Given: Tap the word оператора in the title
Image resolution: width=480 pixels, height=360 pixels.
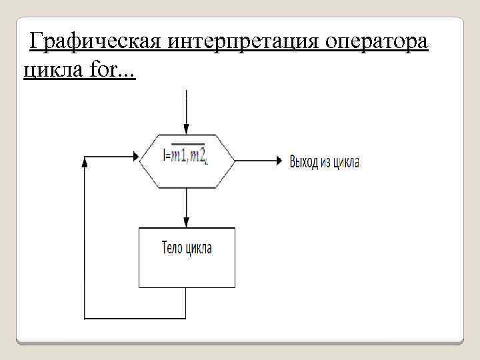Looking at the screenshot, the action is pyautogui.click(x=377, y=43).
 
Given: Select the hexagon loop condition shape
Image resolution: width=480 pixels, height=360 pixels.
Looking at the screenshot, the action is pyautogui.click(x=187, y=160).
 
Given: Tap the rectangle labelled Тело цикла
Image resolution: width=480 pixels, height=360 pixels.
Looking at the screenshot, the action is pyautogui.click(x=187, y=257).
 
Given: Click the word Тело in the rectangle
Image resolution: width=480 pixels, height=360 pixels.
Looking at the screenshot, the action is pyautogui.click(x=171, y=249).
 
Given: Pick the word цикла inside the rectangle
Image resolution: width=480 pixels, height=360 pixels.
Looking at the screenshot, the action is pyautogui.click(x=199, y=249).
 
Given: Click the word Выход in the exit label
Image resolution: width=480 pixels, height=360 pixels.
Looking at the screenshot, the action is pyautogui.click(x=303, y=161).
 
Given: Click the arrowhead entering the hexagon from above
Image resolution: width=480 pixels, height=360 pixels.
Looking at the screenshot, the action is pyautogui.click(x=187, y=128).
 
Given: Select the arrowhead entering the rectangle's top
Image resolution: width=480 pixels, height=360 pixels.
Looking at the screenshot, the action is pyautogui.click(x=187, y=223).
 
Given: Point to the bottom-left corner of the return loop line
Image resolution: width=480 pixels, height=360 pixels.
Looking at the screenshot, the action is pyautogui.click(x=85, y=316).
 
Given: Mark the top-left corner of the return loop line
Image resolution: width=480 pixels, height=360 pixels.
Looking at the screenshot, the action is pyautogui.click(x=85, y=160).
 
